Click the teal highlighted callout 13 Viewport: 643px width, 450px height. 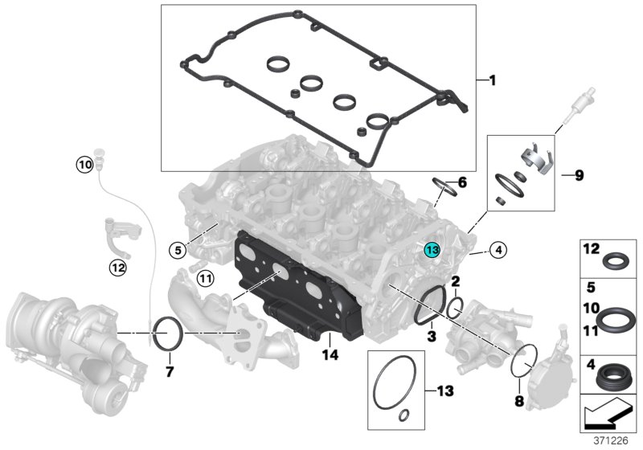click(432, 250)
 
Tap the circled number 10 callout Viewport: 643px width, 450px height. click(84, 165)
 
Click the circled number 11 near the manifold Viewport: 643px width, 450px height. click(206, 279)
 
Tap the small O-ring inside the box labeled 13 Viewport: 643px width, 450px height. click(404, 415)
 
